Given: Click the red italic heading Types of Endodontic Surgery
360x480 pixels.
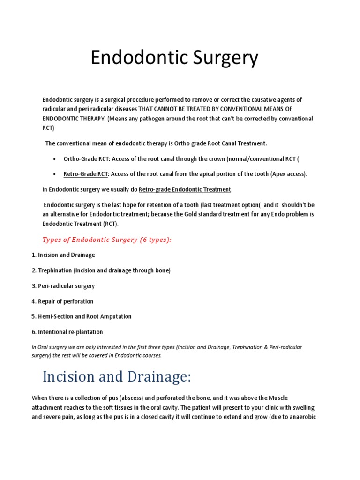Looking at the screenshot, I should pyautogui.click(x=107, y=240).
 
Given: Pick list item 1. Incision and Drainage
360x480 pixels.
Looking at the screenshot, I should pyautogui.click(x=63, y=255).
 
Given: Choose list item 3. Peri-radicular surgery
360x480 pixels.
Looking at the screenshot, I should pyautogui.click(x=63, y=286).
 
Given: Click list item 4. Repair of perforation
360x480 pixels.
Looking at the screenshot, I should pyautogui.click(x=62, y=301).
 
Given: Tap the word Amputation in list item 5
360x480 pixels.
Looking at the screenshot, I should pyautogui.click(x=114, y=316).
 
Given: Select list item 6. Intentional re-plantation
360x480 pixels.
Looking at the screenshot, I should pyautogui.click(x=67, y=332).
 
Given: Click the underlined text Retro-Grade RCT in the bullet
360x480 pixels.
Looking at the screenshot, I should pyautogui.click(x=86, y=174).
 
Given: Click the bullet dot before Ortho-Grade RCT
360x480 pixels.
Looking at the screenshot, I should pyautogui.click(x=55, y=159).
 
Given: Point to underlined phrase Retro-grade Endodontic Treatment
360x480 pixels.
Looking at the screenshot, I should pyautogui.click(x=185, y=189).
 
